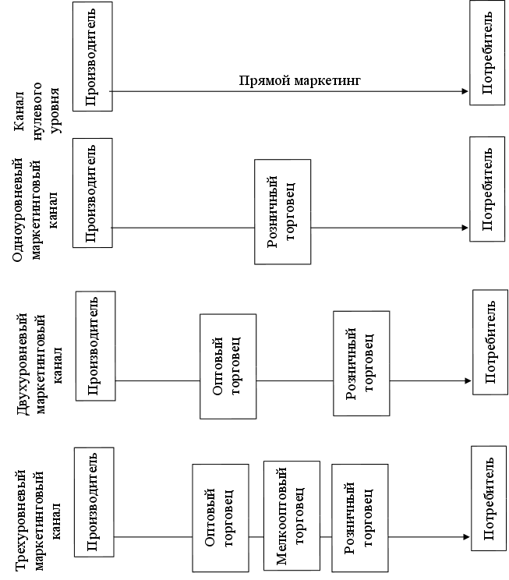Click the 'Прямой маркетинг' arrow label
pyautogui.click(x=300, y=80)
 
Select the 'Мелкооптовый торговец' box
pyautogui.click(x=292, y=510)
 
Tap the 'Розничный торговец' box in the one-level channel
pyautogui.click(x=282, y=211)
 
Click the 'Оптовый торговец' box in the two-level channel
pyautogui.click(x=228, y=366)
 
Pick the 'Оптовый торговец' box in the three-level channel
pyautogui.click(x=220, y=518)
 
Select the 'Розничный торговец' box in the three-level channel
pyautogui.click(x=359, y=518)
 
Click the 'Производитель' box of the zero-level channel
pyautogui.click(x=91, y=55)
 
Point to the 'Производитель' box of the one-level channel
pyautogui.click(x=91, y=193)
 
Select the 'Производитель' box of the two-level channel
pyautogui.click(x=95, y=345)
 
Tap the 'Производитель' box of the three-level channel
pyautogui.click(x=94, y=502)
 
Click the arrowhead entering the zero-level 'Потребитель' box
pyautogui.click(x=465, y=92)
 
